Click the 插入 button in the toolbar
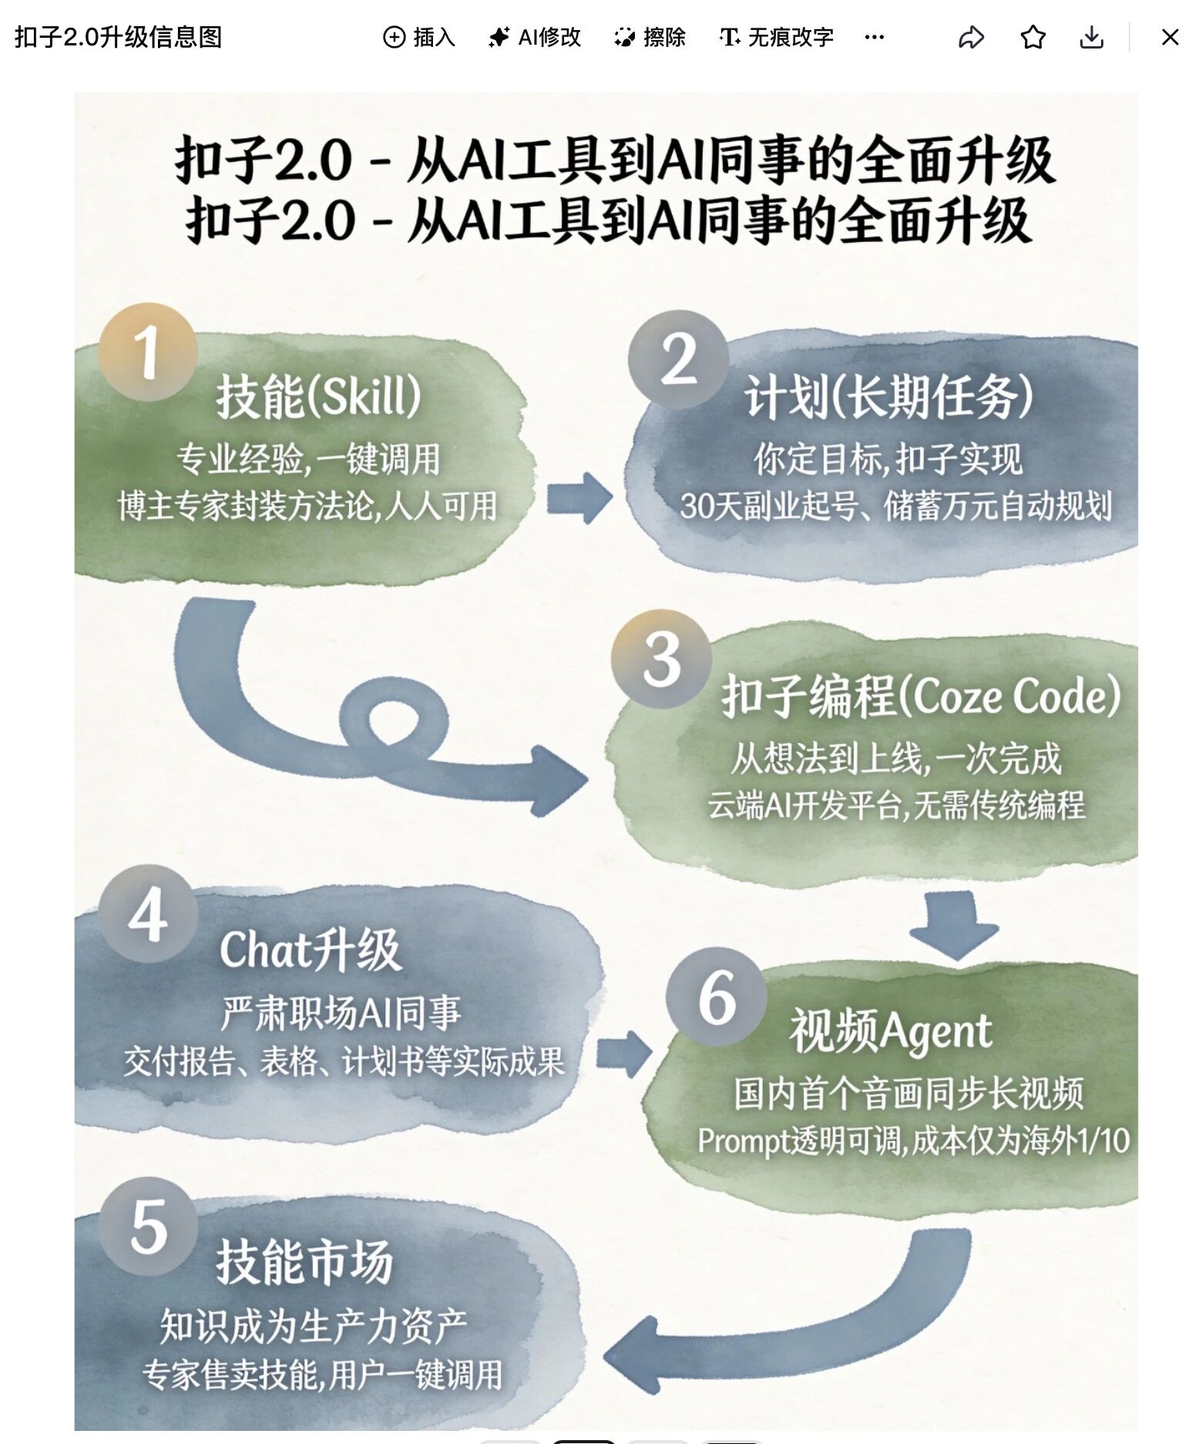click(419, 37)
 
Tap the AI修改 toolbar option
click(535, 37)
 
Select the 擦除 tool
click(650, 37)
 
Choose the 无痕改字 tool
click(776, 37)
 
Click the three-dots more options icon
click(875, 37)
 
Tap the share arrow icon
click(971, 37)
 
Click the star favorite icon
click(1032, 37)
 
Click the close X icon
click(1170, 37)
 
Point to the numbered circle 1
click(147, 351)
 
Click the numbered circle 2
click(678, 359)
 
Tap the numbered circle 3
click(661, 659)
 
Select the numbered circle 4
click(147, 914)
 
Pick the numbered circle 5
click(147, 1225)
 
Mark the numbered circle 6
click(716, 996)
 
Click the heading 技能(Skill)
click(318, 396)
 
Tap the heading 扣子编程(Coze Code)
click(921, 696)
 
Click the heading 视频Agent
click(891, 1031)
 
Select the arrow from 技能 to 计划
click(579, 499)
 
